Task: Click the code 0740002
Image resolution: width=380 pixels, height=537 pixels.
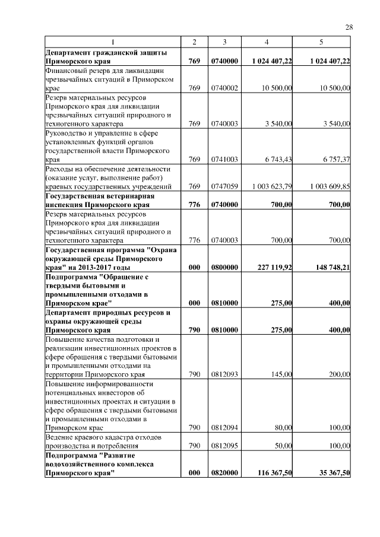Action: [224, 88]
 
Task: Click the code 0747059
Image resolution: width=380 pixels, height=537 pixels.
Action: [224, 186]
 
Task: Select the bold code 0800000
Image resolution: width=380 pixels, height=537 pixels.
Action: [224, 267]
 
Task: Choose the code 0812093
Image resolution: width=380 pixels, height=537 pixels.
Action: [224, 374]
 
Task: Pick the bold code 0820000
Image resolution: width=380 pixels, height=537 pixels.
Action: [224, 472]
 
